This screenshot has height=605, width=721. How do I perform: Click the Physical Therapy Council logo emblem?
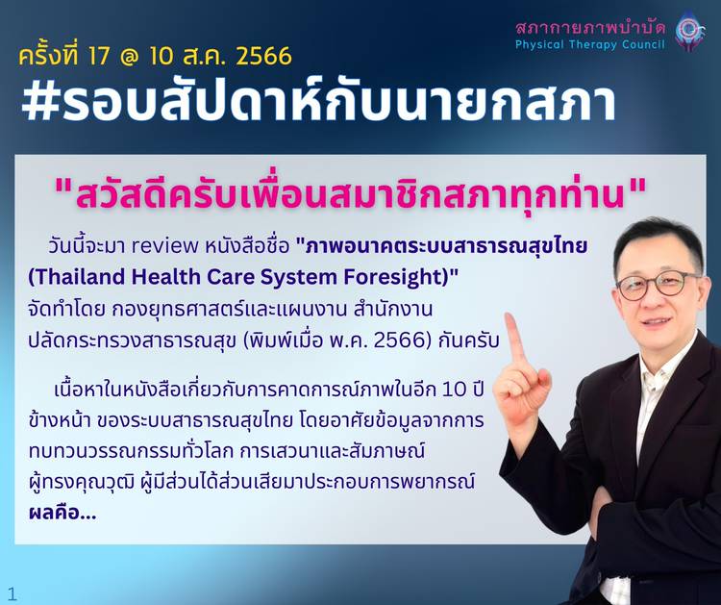(x=690, y=31)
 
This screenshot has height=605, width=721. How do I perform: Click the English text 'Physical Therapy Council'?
(x=590, y=44)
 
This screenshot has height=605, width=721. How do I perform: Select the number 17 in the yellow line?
(x=99, y=56)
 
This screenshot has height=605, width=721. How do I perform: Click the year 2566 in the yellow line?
(x=263, y=56)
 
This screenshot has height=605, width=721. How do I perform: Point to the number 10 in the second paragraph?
(x=455, y=390)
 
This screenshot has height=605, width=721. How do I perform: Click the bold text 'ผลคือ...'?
(x=62, y=513)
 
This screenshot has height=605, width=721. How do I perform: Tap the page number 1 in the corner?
(x=12, y=593)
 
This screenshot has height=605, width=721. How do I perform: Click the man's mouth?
(x=659, y=320)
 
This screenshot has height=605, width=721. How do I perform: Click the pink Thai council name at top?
(x=590, y=27)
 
